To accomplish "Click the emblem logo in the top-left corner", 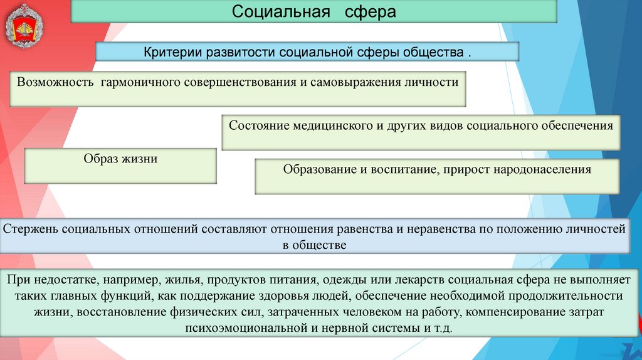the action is pos(26,26).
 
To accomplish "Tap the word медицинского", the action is pos(330,125).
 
